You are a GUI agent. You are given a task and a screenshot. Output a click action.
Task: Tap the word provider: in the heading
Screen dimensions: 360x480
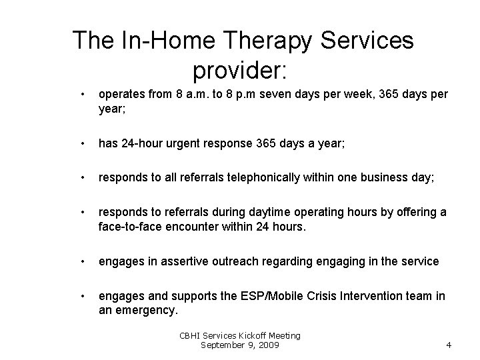(239, 69)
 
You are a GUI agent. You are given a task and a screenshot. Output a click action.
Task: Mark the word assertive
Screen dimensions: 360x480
(175, 261)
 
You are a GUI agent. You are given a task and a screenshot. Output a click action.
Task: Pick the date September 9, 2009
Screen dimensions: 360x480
(241, 345)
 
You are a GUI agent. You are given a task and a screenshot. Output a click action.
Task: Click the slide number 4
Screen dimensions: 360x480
(449, 345)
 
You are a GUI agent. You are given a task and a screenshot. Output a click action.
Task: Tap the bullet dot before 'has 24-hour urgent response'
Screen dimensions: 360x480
(81, 143)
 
